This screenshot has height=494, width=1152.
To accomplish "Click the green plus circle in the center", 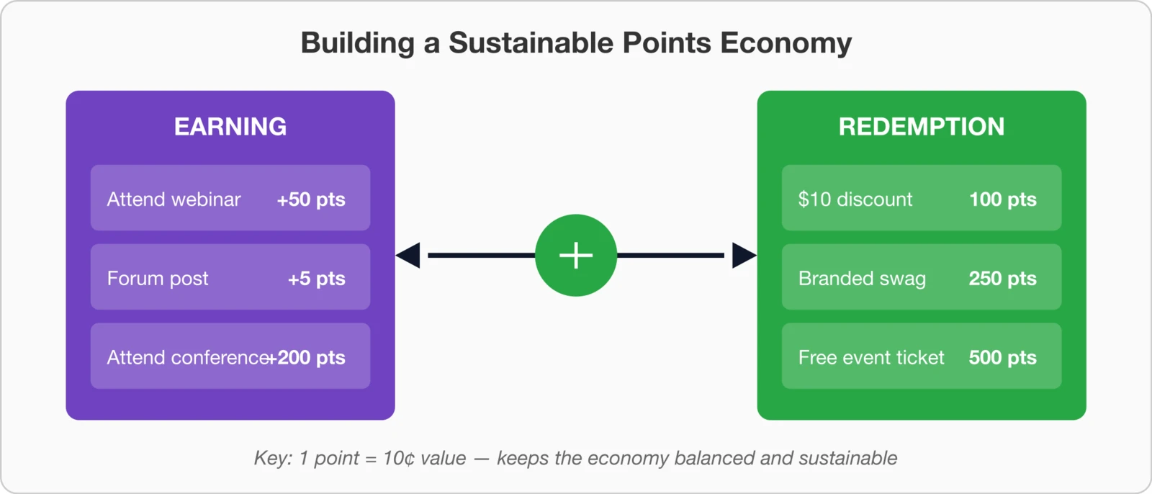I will coord(576,255).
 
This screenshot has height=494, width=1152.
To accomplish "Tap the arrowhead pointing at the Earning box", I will coord(408,255).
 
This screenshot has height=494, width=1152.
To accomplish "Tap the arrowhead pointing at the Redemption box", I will coord(744,255).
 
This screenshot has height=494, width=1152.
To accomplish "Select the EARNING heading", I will coord(230,127).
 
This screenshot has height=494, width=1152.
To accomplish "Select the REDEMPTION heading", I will coord(921,127).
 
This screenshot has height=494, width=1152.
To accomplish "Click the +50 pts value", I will coord(311,199).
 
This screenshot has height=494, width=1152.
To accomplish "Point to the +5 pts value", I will coord(317,279).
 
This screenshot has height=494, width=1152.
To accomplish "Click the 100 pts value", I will coord(1002,199).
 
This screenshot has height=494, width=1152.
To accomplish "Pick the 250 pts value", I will coord(1002,279).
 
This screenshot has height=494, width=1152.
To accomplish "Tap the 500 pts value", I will coord(1002,358).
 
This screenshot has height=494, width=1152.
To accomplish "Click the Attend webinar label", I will coord(174,199).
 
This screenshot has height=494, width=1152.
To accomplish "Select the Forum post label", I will coord(158,279).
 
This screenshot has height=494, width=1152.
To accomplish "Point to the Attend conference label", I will coord(187,358).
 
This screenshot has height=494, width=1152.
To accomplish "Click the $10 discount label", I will coord(855,199).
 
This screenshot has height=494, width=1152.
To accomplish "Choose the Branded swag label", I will coord(862,279).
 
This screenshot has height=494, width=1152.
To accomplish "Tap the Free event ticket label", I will coord(871,358).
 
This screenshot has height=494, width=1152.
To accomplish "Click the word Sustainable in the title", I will coord(531,43).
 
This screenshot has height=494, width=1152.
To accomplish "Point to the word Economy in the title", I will coord(786,43).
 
